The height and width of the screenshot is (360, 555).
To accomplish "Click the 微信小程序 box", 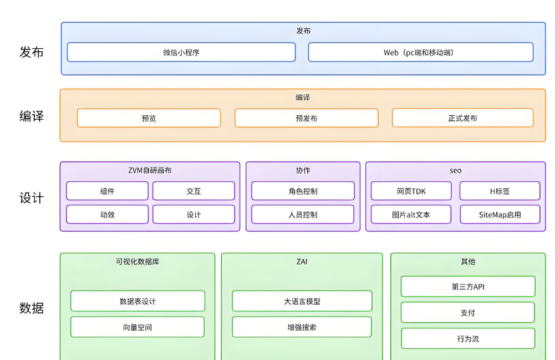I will point(181,53).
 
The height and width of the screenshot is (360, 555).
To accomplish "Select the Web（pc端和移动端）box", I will point(420,53).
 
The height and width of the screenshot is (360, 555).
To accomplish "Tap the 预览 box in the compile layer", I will point(149,118).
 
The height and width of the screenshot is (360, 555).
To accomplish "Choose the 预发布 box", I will point(306,118).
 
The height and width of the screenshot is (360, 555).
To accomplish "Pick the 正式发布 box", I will point(462,118).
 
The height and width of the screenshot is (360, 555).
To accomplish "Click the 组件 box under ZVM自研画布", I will point(107,191).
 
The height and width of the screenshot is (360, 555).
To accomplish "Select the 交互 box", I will point(194,191).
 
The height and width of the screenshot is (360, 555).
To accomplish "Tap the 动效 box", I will point(107,215).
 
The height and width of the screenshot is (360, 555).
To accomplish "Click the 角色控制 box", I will point(303,191).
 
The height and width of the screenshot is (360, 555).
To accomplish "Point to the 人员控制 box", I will point(303,215).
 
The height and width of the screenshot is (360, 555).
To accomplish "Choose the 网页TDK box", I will point(411,191).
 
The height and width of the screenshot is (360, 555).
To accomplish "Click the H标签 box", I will point(500,191).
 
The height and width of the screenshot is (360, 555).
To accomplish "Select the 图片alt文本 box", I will point(411,215).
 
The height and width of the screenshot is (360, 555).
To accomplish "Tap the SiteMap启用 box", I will point(500,215).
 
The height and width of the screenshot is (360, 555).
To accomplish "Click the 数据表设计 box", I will point(138,301).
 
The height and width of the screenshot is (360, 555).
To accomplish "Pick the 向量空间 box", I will point(138,327).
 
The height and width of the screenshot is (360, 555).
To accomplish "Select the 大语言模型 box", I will point(302,301).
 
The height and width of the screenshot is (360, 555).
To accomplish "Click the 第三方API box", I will point(468,287).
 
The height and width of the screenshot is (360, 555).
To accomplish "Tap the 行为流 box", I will point(468,338).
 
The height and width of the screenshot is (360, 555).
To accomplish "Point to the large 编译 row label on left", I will point(32,116).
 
